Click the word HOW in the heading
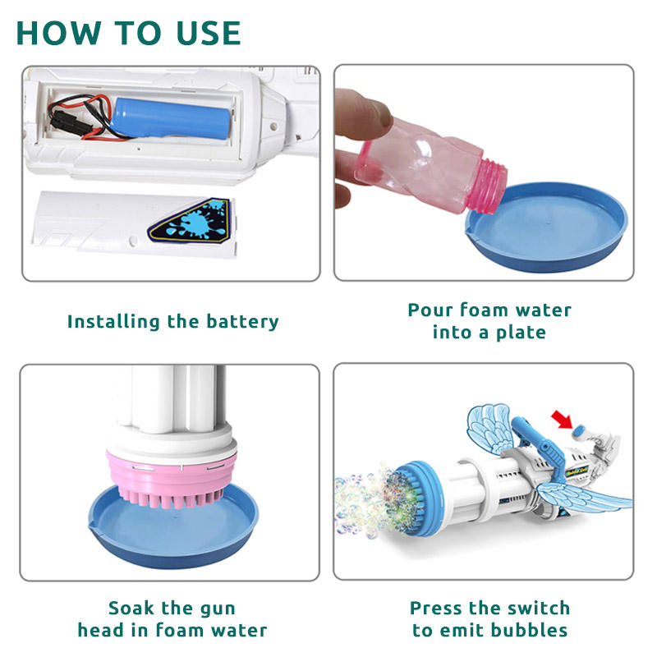[58, 33]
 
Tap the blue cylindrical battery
[172, 118]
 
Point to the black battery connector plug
[63, 121]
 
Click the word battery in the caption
[242, 322]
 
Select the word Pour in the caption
[430, 310]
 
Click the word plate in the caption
[521, 333]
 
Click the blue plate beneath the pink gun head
[173, 532]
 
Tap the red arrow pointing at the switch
[562, 420]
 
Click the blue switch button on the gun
[579, 431]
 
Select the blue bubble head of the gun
[417, 498]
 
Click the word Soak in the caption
[131, 608]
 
